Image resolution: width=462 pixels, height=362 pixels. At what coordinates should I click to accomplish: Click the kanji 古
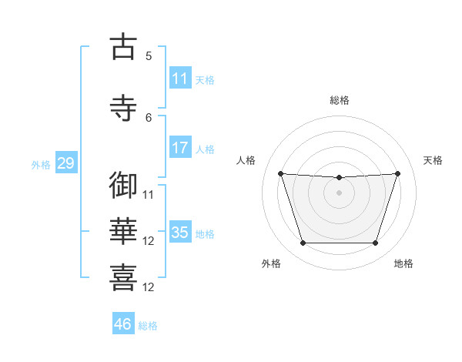[x=123, y=46]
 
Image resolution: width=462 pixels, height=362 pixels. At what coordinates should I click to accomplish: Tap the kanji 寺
[x=123, y=108]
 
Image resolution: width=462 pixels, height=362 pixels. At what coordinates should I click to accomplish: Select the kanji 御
[x=123, y=185]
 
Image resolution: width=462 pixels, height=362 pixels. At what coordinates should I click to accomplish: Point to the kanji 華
[x=123, y=231]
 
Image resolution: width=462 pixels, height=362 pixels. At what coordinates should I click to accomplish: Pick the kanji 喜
[x=123, y=277]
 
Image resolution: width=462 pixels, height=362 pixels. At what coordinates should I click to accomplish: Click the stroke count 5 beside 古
[x=149, y=55]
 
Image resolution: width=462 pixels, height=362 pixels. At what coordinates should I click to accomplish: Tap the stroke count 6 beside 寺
[x=149, y=118]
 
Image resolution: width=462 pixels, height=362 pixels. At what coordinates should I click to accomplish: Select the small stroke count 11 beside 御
[x=148, y=195]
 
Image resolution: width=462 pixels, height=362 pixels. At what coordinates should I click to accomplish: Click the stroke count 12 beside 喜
[x=148, y=287]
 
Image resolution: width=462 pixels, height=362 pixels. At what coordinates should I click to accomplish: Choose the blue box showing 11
[x=180, y=78]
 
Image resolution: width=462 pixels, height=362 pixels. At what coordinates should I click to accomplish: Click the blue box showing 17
[x=180, y=147]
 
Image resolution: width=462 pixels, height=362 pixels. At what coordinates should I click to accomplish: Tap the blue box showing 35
[x=180, y=231]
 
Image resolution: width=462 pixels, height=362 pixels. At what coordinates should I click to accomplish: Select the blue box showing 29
[x=66, y=163]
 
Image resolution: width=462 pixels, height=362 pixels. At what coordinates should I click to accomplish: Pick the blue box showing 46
[x=123, y=323]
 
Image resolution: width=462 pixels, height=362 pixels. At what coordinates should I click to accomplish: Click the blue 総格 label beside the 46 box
[x=148, y=326]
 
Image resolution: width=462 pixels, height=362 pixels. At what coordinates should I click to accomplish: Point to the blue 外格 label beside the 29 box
[x=41, y=165]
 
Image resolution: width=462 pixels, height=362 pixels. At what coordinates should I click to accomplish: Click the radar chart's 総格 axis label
[x=340, y=100]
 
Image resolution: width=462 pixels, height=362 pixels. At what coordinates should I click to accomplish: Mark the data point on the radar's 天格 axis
[x=397, y=173]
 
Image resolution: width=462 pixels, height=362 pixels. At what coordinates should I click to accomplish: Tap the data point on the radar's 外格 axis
[x=303, y=243]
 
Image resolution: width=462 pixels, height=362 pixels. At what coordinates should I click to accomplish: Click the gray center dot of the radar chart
[x=339, y=193]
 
